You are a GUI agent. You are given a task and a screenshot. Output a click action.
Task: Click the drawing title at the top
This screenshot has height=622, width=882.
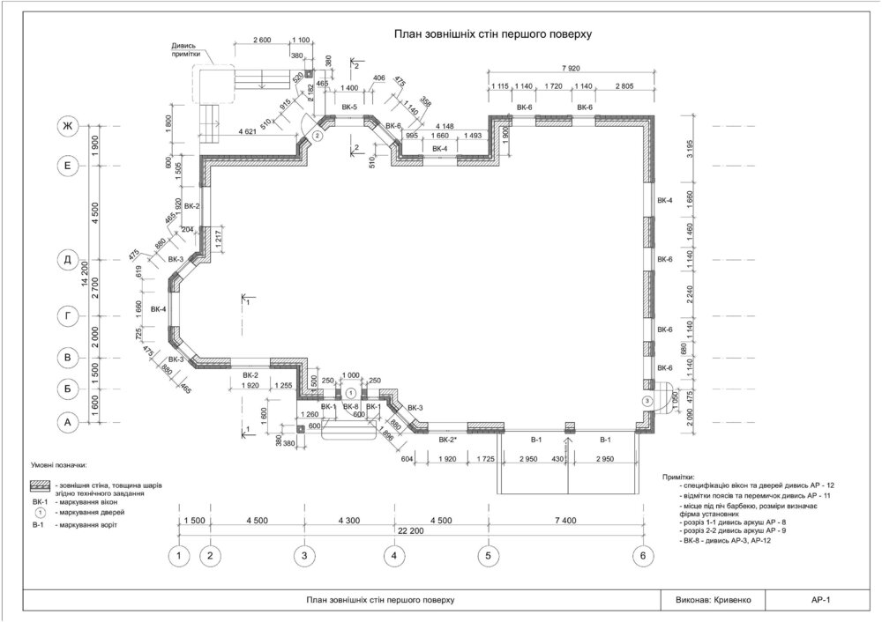click(x=491, y=33)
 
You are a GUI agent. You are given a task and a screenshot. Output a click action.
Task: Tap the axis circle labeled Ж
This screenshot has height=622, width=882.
click(x=65, y=128)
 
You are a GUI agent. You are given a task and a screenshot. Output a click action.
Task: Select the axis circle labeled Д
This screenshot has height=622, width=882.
click(x=65, y=260)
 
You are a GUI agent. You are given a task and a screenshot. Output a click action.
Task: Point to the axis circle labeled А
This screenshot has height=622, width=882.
click(x=65, y=423)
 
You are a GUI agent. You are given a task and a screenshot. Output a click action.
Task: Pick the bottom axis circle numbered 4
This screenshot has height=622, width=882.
click(x=394, y=556)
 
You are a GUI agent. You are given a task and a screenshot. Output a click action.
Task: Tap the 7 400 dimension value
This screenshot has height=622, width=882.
click(x=564, y=521)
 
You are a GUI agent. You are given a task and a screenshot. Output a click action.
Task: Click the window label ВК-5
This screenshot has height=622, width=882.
click(x=349, y=107)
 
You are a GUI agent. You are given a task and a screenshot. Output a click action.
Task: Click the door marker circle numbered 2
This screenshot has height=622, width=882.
click(x=318, y=137)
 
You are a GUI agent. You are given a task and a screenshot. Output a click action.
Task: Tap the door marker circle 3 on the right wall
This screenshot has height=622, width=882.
click(x=648, y=401)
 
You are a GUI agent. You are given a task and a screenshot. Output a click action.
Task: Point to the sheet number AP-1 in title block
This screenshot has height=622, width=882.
click(x=821, y=599)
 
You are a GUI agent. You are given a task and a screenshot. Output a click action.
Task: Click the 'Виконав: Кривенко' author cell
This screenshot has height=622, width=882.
click(x=706, y=599)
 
